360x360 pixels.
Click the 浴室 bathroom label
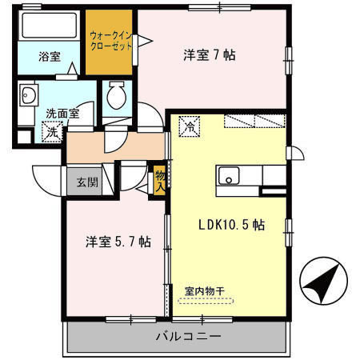point(50,58)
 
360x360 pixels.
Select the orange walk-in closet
point(110,45)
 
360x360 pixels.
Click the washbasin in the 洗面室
point(30,96)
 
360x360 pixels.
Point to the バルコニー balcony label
point(187,335)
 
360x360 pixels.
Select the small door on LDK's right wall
point(296,154)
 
